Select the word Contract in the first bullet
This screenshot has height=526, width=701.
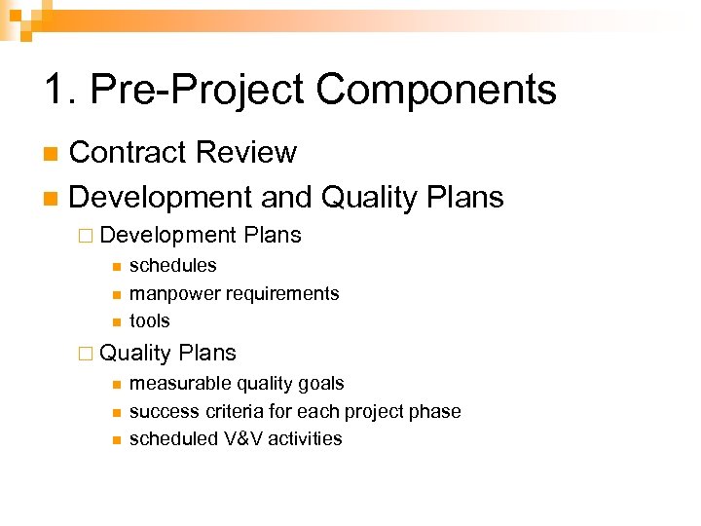pyautogui.click(x=128, y=152)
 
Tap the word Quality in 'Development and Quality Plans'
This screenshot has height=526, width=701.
pyautogui.click(x=369, y=198)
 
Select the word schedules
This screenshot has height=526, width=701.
pyautogui.click(x=172, y=265)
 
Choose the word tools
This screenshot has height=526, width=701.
pyautogui.click(x=149, y=320)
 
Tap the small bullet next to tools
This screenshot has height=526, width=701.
pyautogui.click(x=115, y=322)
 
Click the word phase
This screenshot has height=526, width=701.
pyautogui.click(x=434, y=411)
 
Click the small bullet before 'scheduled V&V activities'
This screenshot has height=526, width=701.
pyautogui.click(x=115, y=440)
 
